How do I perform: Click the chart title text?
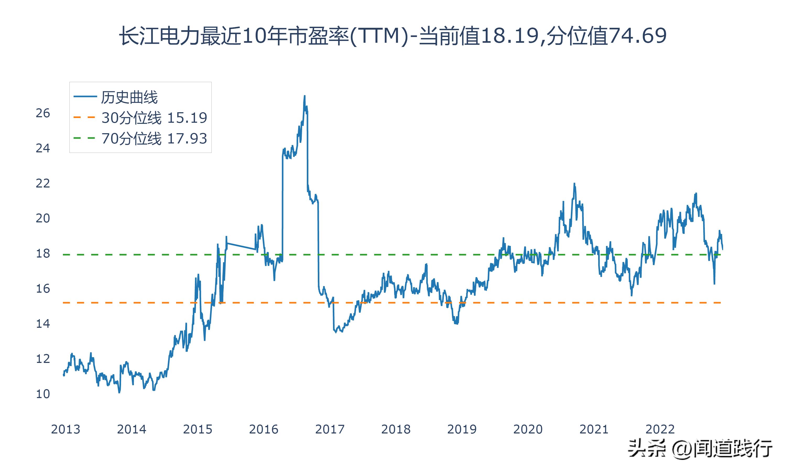click(393, 36)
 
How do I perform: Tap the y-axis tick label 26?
click(43, 113)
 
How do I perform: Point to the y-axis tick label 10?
click(43, 394)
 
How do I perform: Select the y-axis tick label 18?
click(43, 254)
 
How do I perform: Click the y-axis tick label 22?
click(43, 184)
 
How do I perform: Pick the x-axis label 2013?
click(65, 429)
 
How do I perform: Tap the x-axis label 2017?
click(330, 429)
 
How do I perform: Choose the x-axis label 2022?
click(660, 429)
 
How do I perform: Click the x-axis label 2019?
click(462, 429)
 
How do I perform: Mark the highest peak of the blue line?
click(304, 96)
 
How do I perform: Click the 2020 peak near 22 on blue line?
click(574, 184)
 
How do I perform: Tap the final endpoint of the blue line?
click(723, 249)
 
